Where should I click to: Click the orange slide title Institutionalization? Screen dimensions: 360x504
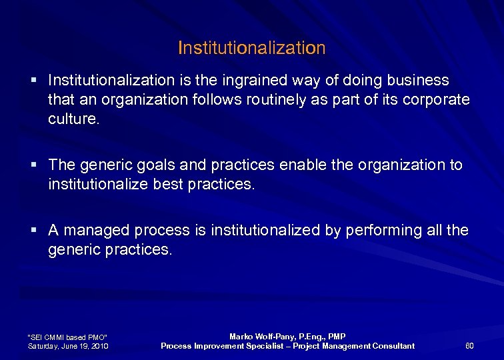(252, 48)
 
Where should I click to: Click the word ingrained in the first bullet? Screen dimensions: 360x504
(303, 81)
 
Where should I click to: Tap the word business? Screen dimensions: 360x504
(419, 81)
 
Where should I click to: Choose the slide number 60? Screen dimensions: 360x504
(469, 345)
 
